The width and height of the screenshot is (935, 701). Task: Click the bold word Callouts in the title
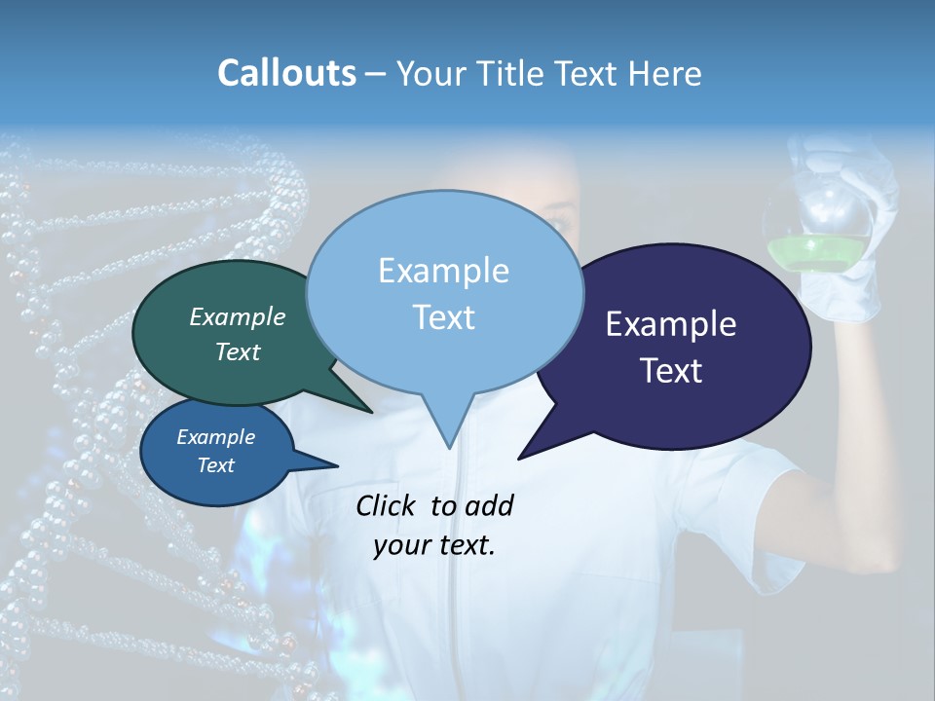click(286, 73)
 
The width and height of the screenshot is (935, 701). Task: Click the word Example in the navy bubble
click(671, 324)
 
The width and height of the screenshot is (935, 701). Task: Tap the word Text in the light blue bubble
click(444, 317)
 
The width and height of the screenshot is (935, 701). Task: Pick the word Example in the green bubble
click(237, 316)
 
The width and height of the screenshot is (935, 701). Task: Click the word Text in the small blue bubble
click(215, 465)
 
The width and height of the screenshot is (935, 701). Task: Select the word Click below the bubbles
click(388, 505)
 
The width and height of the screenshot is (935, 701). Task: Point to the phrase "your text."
click(434, 545)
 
